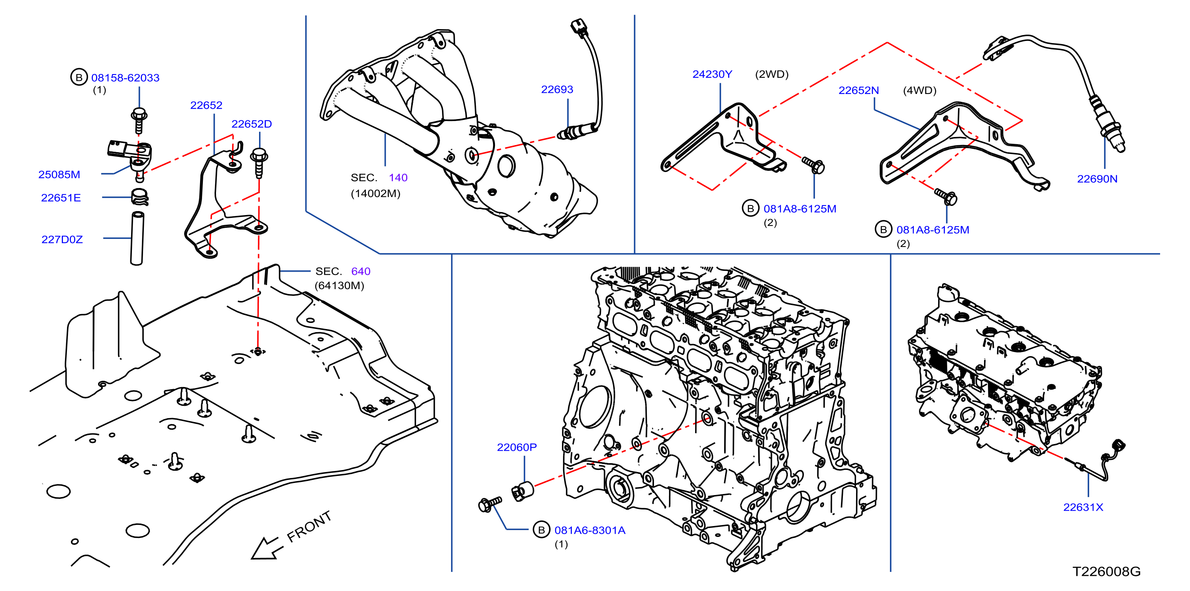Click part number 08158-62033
[125, 78]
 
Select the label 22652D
[251, 124]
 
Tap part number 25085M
[59, 174]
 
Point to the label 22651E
[61, 198]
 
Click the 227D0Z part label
[62, 239]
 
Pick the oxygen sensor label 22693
[557, 89]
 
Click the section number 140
[398, 177]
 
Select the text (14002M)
[375, 193]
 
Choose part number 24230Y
[712, 74]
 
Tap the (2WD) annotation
[772, 74]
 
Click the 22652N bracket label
[859, 90]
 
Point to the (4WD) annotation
[920, 90]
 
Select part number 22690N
[1097, 179]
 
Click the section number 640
[361, 271]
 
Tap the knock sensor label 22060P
[517, 447]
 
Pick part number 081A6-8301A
[590, 530]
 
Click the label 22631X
[1083, 507]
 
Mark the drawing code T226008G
[1106, 571]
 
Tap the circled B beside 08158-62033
[79, 77]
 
